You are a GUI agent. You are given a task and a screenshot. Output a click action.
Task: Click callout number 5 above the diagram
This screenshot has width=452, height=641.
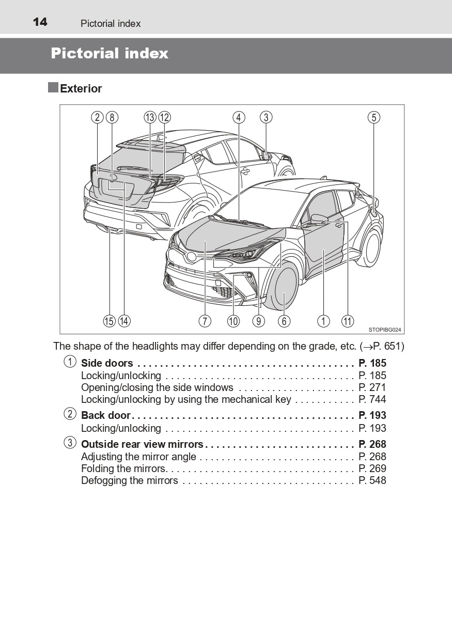[x=374, y=117]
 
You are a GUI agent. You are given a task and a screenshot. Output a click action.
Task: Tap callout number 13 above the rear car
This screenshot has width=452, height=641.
[x=150, y=117]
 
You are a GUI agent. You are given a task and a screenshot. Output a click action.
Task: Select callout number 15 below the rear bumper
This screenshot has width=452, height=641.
[x=109, y=321]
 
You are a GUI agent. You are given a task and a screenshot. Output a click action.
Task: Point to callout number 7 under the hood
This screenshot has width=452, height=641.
[x=205, y=321]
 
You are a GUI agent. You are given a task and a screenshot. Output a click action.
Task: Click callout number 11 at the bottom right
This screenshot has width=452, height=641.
[x=348, y=321]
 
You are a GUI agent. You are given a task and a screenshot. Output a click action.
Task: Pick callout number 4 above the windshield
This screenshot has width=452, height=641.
[x=238, y=117]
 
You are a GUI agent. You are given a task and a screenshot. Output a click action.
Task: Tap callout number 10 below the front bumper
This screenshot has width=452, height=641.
[x=233, y=321]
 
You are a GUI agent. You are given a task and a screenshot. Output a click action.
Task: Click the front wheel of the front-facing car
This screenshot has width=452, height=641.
[x=284, y=290]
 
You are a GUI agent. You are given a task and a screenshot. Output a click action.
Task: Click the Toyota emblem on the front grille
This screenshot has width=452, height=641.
[x=192, y=257]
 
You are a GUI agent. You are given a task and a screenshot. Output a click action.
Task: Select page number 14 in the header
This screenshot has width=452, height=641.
[x=40, y=22]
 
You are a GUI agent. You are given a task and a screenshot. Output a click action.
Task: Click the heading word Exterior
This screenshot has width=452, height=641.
[x=81, y=89]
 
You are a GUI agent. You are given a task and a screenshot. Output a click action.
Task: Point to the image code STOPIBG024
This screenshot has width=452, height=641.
[x=385, y=330]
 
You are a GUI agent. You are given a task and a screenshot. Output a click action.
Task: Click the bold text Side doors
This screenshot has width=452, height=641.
[x=107, y=364]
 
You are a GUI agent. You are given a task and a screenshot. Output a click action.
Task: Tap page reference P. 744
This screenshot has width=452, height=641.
[x=372, y=399]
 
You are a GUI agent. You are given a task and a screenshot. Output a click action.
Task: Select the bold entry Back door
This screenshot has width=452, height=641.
[x=106, y=416]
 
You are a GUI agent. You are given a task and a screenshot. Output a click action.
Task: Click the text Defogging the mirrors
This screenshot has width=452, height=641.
[x=129, y=481]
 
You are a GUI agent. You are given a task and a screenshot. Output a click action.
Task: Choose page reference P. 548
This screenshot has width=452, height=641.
[x=372, y=481]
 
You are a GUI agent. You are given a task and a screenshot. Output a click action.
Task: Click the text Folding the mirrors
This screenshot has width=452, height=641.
[x=123, y=469]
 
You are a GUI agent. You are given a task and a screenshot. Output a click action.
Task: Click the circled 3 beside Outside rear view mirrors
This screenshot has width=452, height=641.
[x=70, y=443]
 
